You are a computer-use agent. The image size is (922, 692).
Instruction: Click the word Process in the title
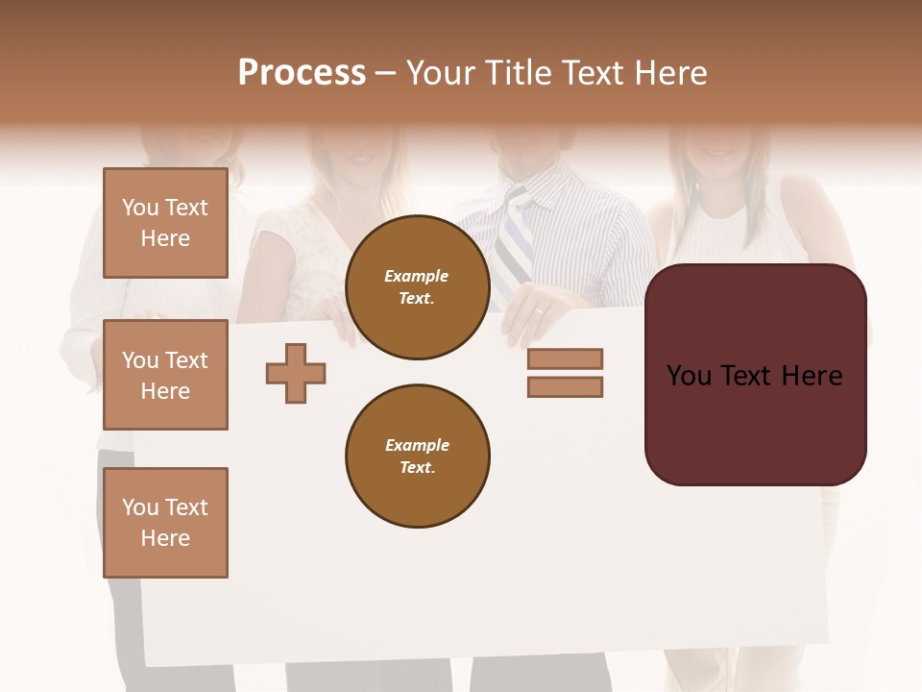click(302, 73)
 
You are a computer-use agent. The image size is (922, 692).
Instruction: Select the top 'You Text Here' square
click(165, 223)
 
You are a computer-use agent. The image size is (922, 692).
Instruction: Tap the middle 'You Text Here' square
click(165, 375)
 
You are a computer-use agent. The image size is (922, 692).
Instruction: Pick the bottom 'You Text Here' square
click(165, 523)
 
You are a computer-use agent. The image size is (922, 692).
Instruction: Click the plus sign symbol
click(296, 373)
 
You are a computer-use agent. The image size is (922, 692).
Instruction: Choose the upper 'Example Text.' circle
click(417, 287)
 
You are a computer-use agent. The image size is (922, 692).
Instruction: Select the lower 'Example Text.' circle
click(417, 457)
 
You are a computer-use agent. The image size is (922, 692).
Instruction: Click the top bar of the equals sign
click(565, 358)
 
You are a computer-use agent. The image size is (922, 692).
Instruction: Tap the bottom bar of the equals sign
click(565, 387)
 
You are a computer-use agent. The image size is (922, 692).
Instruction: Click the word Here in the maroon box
click(812, 376)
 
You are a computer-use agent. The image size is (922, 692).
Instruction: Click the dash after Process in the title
click(385, 74)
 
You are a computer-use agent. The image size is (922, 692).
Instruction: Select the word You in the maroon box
click(689, 376)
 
